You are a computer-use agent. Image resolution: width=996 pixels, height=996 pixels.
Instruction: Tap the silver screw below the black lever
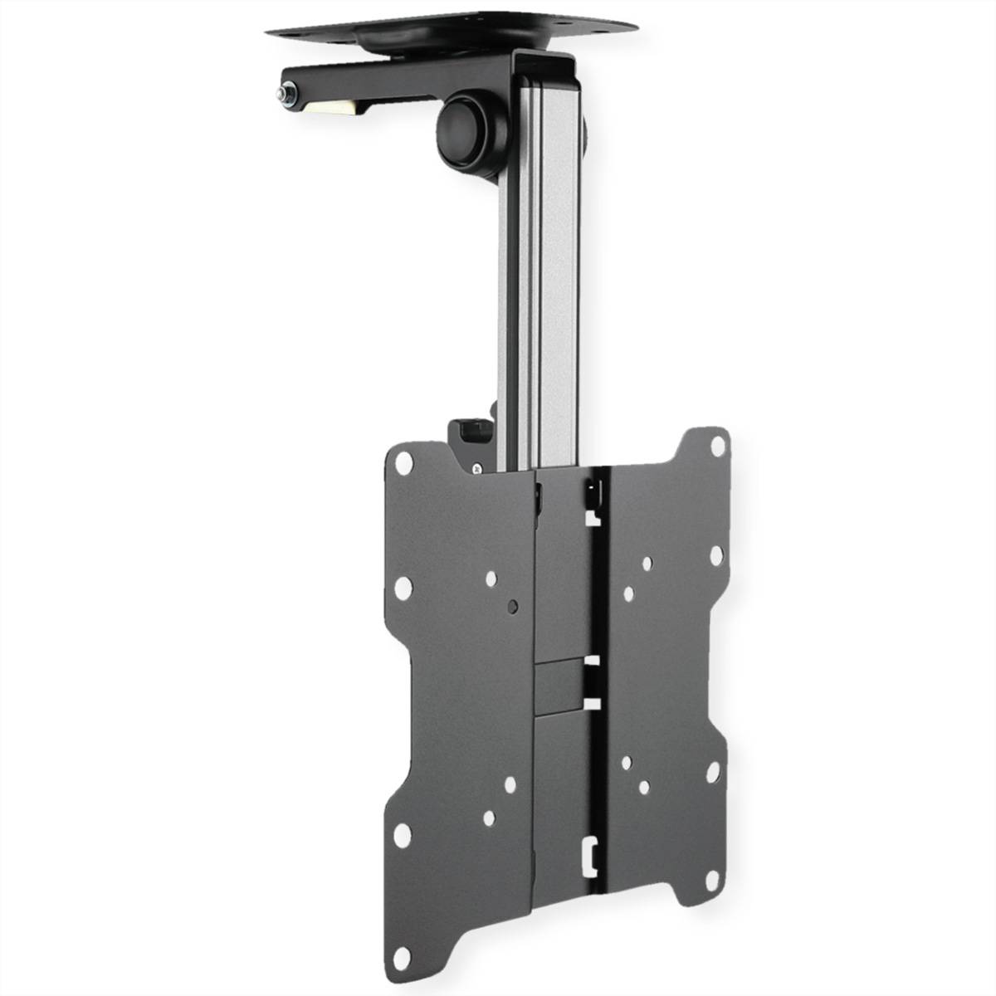(476, 469)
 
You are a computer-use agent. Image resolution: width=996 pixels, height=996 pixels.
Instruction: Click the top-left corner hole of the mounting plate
(405, 459)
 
